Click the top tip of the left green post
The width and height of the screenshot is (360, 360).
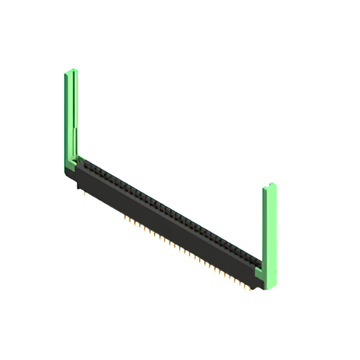[71, 71]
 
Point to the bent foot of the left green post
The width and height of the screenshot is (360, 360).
[71, 166]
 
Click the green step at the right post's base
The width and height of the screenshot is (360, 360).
[259, 274]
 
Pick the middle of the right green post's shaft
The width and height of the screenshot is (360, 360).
[269, 231]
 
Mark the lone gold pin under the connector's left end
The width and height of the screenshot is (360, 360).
[84, 195]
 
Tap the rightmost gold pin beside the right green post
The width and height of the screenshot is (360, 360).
[248, 289]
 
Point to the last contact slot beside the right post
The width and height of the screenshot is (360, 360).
[256, 262]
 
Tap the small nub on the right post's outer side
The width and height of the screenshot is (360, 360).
[276, 270]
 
